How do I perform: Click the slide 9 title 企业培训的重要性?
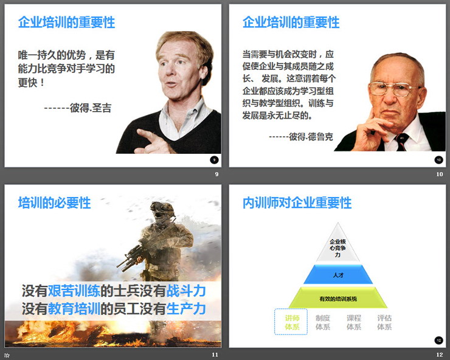coord(66,23)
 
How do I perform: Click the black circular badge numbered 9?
coord(213,160)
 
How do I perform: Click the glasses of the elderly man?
coord(395,88)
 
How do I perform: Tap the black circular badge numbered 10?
coord(438,160)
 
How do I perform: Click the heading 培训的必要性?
coord(55,203)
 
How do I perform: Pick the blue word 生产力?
coord(186,308)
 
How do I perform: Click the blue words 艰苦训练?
coord(74,290)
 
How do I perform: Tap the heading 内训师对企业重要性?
coord(297,203)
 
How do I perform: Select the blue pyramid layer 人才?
coord(339,275)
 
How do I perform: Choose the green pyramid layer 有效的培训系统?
coord(338,299)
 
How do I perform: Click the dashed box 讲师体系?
coord(292,322)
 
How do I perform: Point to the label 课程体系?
coord(354,322)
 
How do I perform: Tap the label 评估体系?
coord(384,322)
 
